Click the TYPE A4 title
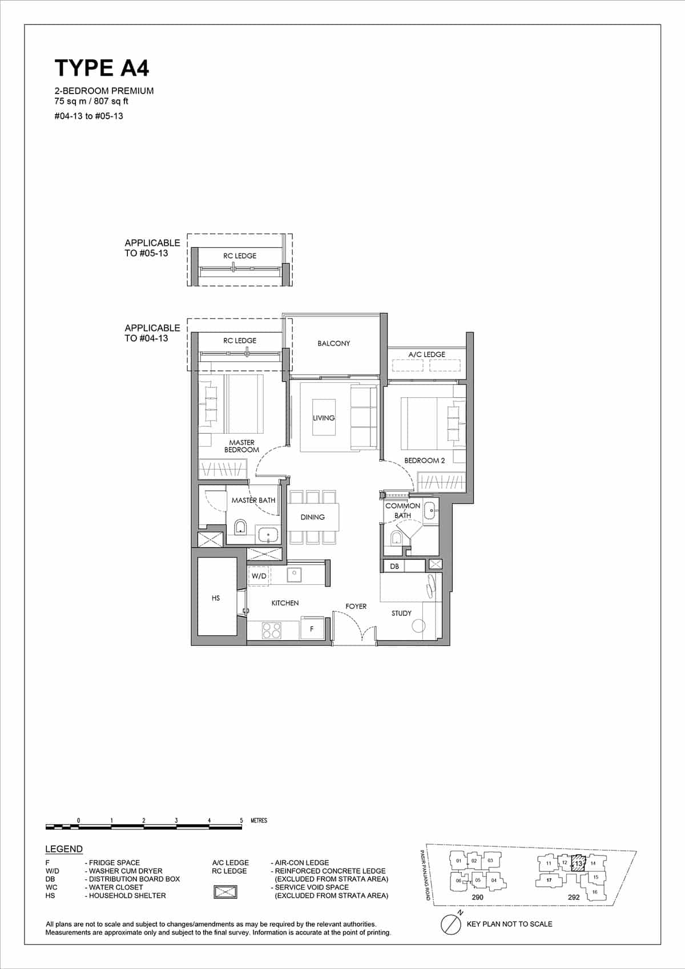102,68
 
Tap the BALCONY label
334,344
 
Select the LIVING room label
324,418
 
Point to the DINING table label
312,517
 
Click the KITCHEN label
285,603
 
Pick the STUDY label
401,613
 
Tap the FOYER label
356,606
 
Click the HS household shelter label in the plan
216,598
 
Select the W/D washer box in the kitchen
259,576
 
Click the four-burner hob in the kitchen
272,630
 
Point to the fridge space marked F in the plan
312,629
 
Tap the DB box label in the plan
394,566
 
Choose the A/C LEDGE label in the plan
426,354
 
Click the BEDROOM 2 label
424,461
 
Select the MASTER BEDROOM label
241,446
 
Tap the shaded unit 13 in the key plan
578,863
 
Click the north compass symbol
451,924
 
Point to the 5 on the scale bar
241,821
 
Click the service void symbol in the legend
225,892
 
